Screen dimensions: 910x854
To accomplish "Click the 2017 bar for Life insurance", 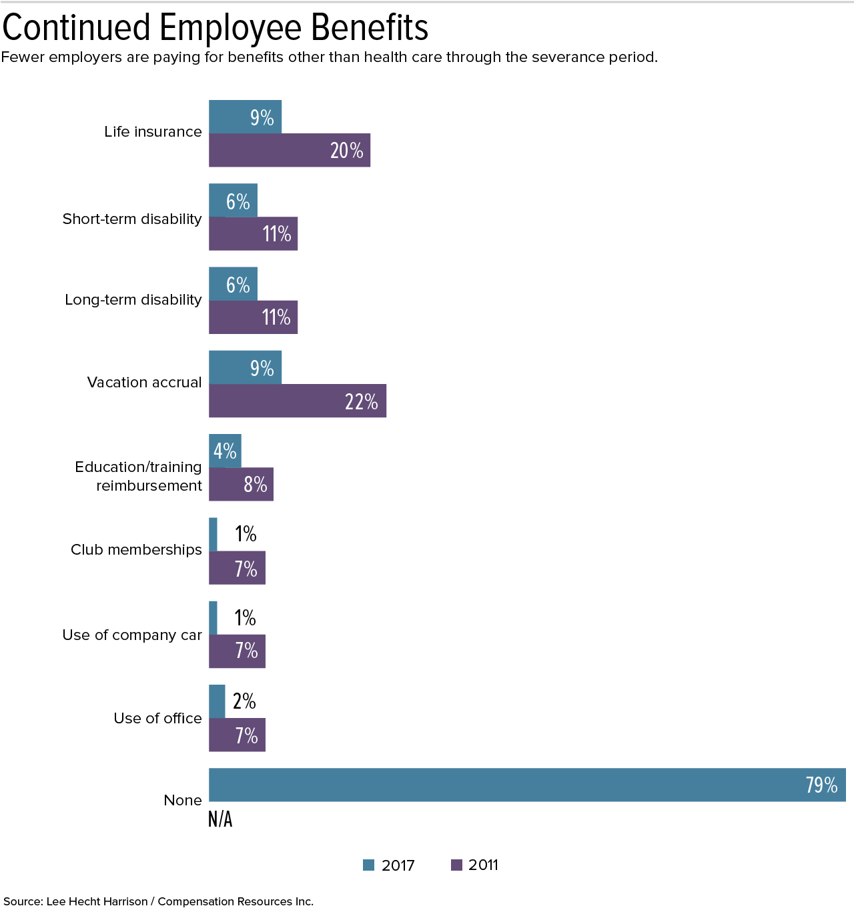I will coord(245,117).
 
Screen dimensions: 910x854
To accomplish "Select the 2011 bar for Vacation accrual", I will coord(297,401).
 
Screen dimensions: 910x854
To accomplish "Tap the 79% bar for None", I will coord(527,785).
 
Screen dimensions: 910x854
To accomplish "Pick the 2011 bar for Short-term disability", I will coord(253,234).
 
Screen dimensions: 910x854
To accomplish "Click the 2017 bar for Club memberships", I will coord(213,535).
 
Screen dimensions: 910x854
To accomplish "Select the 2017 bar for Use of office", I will coord(217,701).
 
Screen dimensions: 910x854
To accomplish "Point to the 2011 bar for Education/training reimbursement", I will coord(241,484).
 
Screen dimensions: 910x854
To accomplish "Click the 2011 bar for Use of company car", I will coord(237,651).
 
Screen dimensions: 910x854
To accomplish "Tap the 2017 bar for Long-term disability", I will coord(233,284).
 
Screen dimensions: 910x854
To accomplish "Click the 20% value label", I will coord(347,151).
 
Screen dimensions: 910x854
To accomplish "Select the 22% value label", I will coord(362,401).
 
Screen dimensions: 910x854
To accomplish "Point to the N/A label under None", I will coord(220,819).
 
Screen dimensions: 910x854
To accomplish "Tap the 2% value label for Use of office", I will coord(244,701).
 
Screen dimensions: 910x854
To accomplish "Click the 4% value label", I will coord(225,451).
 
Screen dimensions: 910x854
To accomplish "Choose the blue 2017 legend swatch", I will coord(369,865).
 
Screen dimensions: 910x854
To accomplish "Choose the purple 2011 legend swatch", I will coord(457,865).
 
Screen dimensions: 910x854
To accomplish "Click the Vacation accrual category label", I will coord(144,383).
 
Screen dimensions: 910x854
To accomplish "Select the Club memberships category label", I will coord(136,550).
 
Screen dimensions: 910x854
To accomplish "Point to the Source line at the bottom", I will coord(158,901).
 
